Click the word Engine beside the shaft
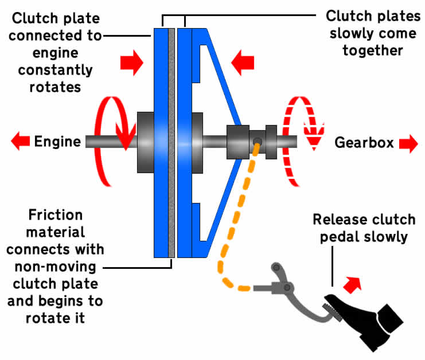coord(57,141)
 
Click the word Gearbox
coord(364,143)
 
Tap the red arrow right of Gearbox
coord(408,144)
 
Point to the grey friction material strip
coord(171,143)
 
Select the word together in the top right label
coord(371,51)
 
